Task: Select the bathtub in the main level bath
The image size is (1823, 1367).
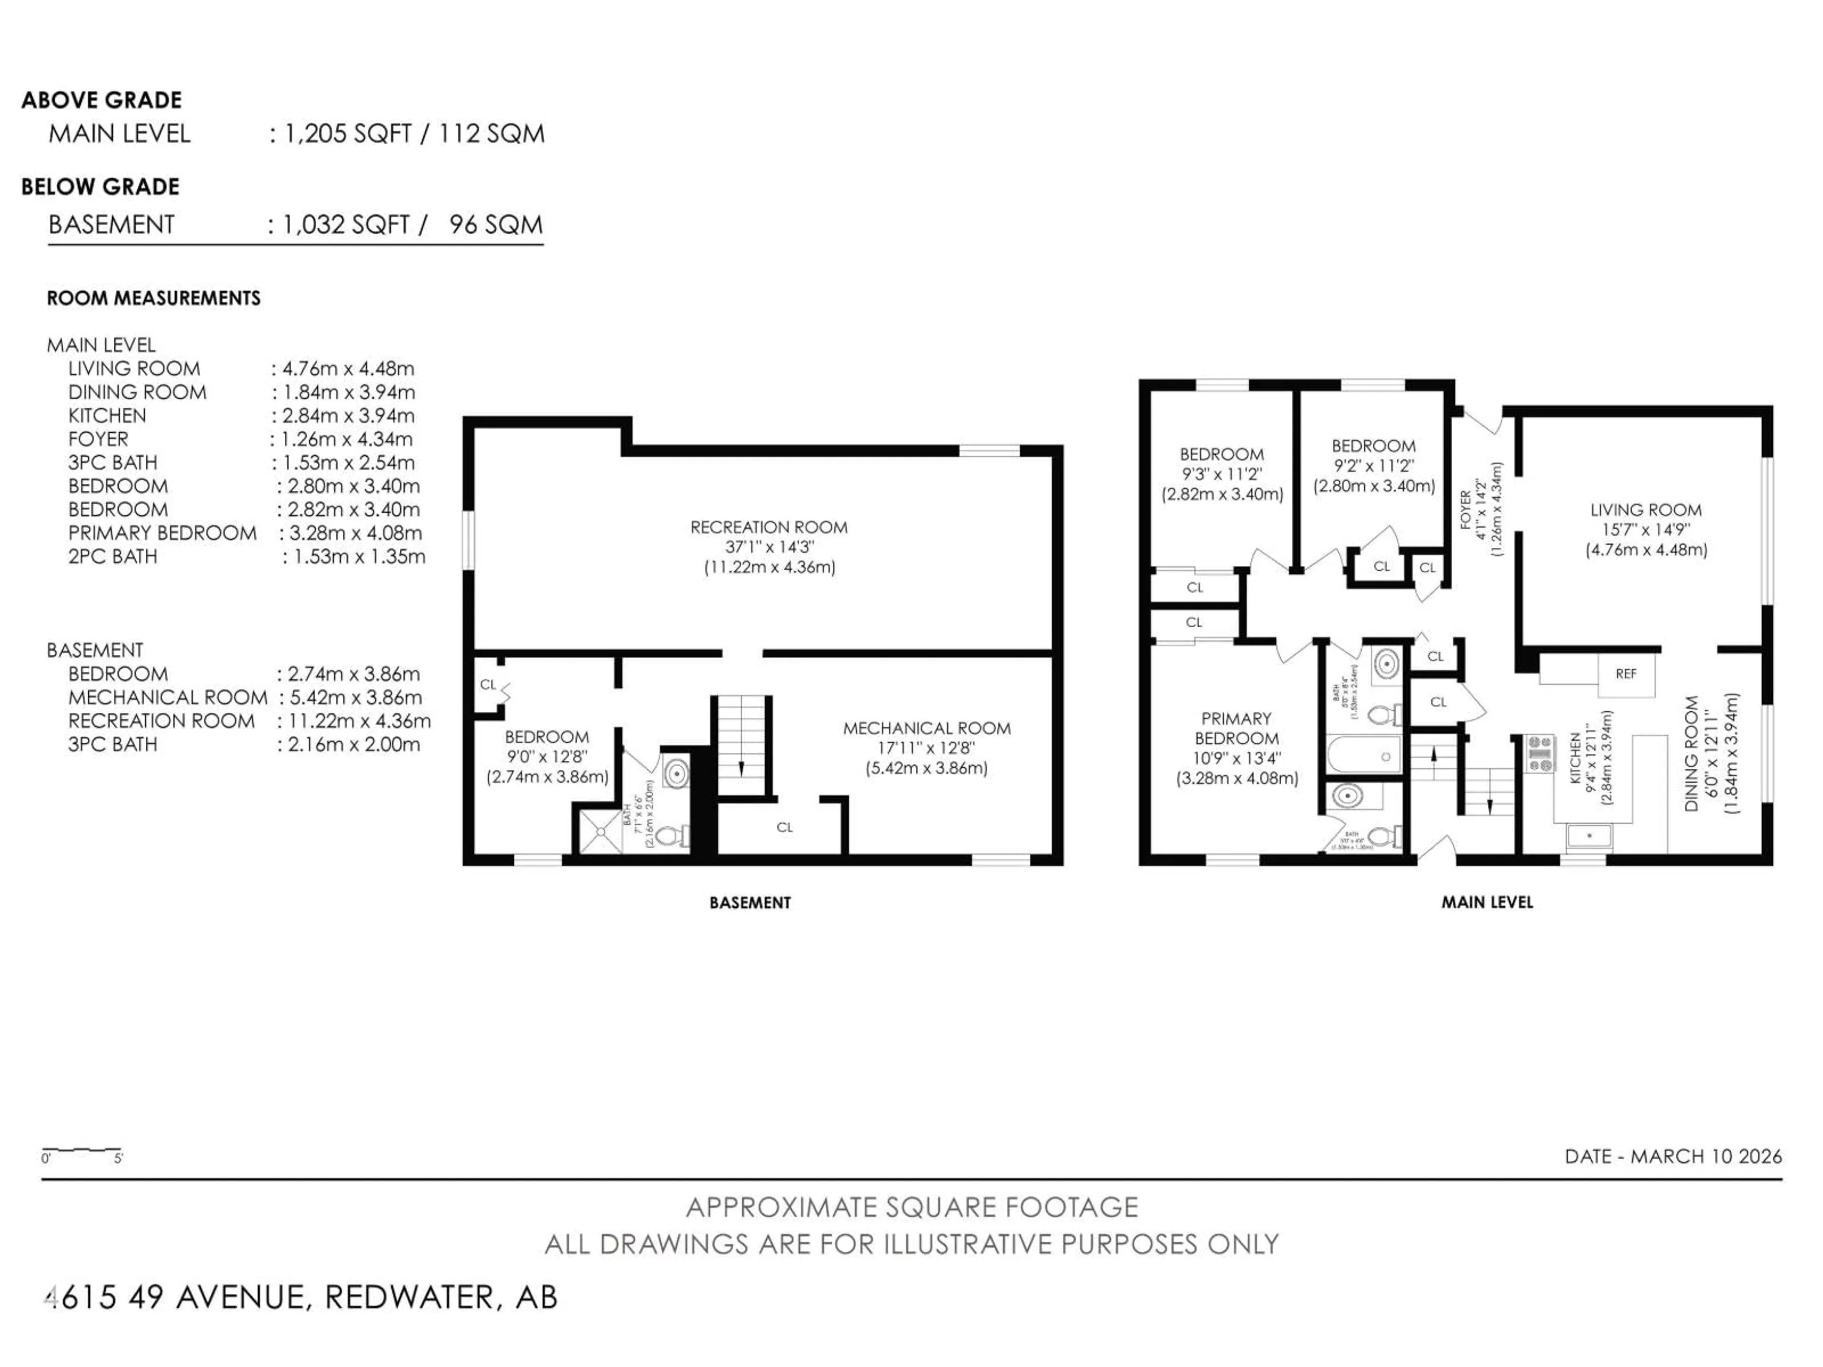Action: pos(1364,756)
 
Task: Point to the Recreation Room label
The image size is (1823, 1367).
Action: pos(768,527)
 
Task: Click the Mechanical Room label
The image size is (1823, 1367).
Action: pos(926,729)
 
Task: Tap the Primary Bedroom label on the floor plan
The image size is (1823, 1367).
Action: pos(1236,729)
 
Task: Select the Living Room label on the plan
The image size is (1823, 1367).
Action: pos(1645,510)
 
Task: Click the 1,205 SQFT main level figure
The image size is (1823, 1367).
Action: pos(347,133)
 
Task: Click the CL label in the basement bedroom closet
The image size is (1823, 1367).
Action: pos(488,685)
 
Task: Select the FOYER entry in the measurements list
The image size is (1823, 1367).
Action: pos(98,439)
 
